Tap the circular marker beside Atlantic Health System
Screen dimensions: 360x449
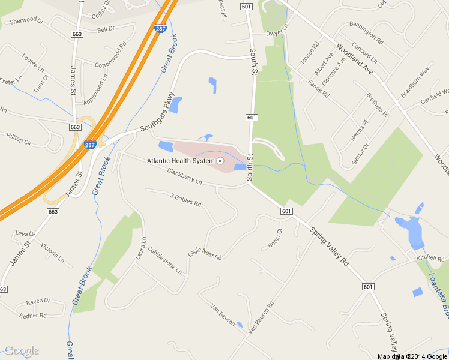pos(220,161)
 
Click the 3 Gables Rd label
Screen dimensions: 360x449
pos(185,199)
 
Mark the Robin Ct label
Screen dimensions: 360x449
pos(276,239)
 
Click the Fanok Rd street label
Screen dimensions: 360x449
pos(318,89)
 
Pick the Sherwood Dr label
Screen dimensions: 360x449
pos(23,21)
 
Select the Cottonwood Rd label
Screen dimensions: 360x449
pos(110,53)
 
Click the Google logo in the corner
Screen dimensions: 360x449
pos(21,350)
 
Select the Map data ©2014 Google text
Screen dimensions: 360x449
pos(412,356)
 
